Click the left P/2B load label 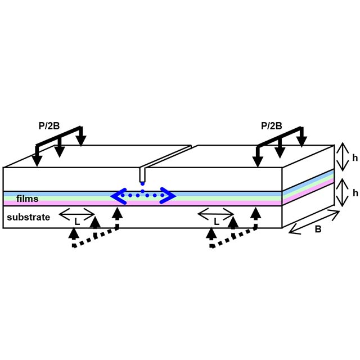[x=49, y=127]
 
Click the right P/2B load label [x=272, y=126]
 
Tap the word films [x=27, y=199]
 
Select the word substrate [x=29, y=217]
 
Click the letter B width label [x=318, y=229]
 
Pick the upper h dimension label [x=355, y=158]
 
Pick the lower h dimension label [x=355, y=192]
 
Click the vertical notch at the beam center [x=142, y=174]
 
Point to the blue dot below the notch [x=142, y=183]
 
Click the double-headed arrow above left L [x=77, y=213]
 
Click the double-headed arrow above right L [x=215, y=213]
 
